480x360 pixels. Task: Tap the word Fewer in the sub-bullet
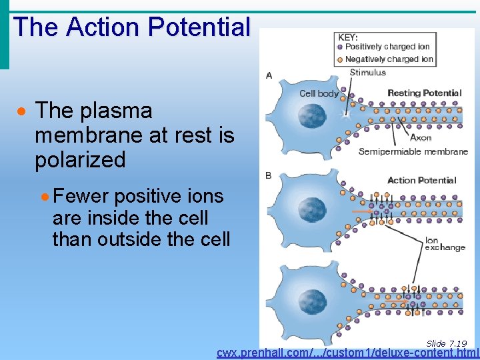(79, 197)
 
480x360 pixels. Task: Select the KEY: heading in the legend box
(347, 37)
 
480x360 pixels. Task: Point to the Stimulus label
(367, 73)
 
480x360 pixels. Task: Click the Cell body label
(319, 93)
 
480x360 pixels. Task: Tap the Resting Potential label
(424, 93)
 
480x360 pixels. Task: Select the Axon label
(421, 138)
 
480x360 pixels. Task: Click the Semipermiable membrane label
(413, 152)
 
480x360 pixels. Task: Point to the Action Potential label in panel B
(421, 180)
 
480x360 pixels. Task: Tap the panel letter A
(269, 75)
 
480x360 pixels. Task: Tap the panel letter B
(269, 175)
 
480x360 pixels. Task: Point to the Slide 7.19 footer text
(446, 343)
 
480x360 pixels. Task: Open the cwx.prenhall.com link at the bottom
(347, 353)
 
